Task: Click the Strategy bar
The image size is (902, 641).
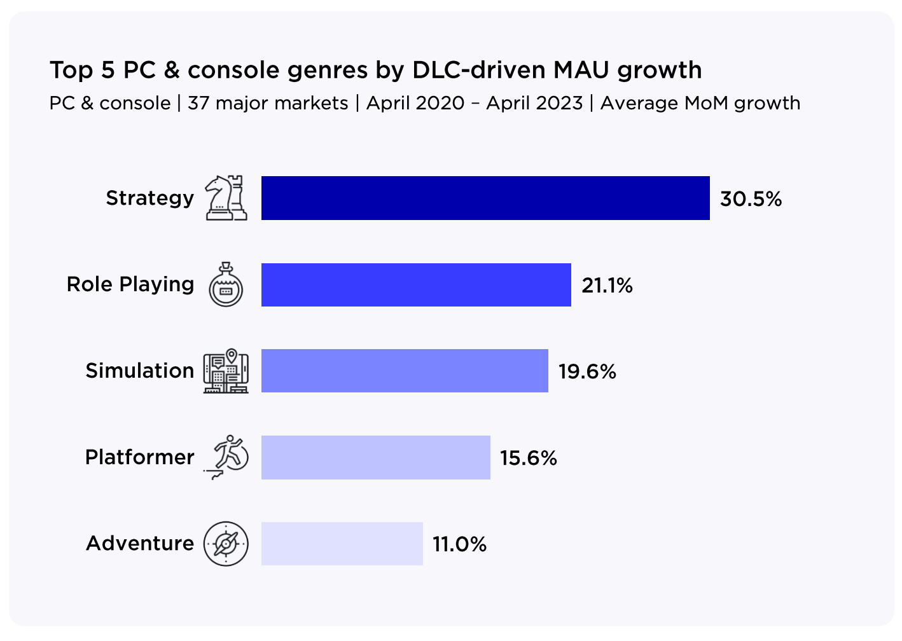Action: pos(485,198)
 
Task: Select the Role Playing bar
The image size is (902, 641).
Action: pos(416,285)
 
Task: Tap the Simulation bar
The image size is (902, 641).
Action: pos(405,371)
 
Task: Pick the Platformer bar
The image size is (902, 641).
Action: pos(375,457)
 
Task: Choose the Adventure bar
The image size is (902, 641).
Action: pos(342,544)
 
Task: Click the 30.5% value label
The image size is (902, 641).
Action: pos(751,199)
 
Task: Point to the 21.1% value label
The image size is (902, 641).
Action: pos(607,286)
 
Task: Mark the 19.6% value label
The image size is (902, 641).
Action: pos(587,371)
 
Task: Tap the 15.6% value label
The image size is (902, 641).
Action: pos(528,458)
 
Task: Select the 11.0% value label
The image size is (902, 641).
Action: pos(459,544)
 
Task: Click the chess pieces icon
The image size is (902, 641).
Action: pos(226,198)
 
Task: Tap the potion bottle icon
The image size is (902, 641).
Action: pos(226,285)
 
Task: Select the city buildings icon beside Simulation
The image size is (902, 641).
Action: pos(226,371)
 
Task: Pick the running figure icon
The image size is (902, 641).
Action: pos(227,457)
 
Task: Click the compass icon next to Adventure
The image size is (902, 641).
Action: pos(226,544)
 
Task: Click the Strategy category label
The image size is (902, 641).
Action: pos(149,198)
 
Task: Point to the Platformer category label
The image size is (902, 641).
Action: pos(139,457)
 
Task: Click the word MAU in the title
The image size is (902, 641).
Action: pos(582,70)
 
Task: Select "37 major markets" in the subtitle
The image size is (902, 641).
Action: pos(268,103)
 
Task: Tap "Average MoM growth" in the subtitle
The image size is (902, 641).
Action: pos(700,103)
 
